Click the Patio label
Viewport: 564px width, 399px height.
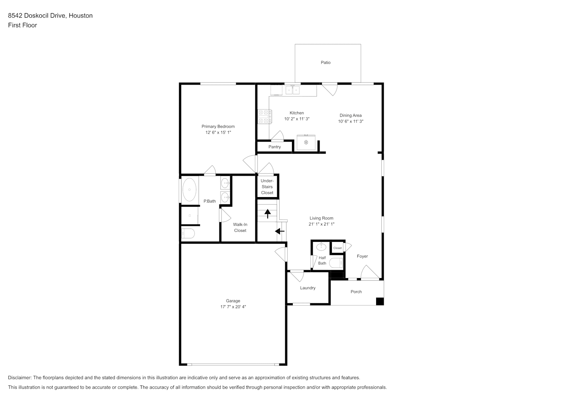325,63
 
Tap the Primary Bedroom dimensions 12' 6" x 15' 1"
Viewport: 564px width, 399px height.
218,132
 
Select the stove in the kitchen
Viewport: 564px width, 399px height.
264,117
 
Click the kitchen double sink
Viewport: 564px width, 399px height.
292,90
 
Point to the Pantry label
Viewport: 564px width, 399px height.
274,147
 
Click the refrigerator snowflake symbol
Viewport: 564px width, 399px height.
306,142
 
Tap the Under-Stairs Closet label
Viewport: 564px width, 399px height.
267,187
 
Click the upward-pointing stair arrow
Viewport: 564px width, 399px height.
267,213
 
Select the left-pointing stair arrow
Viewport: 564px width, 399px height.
280,231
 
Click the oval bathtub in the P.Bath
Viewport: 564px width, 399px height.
189,190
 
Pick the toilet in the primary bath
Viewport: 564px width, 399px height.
188,233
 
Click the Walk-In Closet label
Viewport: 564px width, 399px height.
240,227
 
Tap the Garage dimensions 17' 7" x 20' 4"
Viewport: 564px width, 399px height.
233,307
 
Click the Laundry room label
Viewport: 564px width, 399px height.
308,288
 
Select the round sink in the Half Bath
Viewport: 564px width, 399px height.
321,247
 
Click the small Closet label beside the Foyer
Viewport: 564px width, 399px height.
337,248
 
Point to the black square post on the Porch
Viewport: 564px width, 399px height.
380,301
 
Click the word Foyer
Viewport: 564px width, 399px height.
362,257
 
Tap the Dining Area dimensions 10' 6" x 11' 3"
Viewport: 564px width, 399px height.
351,121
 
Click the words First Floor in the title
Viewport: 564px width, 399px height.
22,25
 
